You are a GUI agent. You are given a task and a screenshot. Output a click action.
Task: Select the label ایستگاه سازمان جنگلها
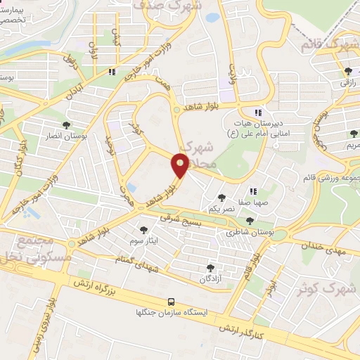pyautogui.click(x=173, y=314)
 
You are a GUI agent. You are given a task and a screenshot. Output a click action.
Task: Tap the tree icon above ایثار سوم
pyautogui.click(x=144, y=230)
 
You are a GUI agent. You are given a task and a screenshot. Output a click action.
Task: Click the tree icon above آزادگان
pyautogui.click(x=210, y=268)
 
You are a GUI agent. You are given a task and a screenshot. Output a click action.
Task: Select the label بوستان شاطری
pyautogui.click(x=250, y=231)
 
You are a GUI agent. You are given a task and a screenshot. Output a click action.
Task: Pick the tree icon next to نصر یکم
pyautogui.click(x=222, y=198)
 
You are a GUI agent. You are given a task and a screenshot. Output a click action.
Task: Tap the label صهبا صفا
pyautogui.click(x=252, y=202)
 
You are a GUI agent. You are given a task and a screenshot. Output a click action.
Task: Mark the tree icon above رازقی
pyautogui.click(x=348, y=71)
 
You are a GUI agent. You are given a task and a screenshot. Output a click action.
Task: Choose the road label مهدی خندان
pyautogui.click(x=324, y=245)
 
